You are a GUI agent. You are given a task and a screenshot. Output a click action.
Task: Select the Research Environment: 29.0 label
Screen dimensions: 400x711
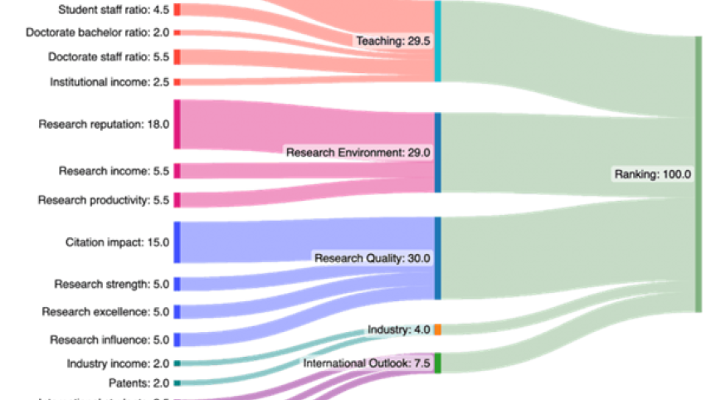pyautogui.click(x=358, y=153)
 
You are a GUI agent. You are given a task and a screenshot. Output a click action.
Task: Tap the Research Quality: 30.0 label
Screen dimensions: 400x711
pyautogui.click(x=373, y=258)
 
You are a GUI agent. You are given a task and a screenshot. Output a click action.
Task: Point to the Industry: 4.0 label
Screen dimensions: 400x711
pyautogui.click(x=398, y=329)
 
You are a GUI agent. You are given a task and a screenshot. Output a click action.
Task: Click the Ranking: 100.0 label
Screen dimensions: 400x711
pyautogui.click(x=652, y=174)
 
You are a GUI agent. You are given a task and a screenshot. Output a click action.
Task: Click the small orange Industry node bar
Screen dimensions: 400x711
pyautogui.click(x=437, y=329)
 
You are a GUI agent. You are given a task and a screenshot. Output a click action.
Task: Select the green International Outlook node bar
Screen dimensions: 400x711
pyautogui.click(x=437, y=363)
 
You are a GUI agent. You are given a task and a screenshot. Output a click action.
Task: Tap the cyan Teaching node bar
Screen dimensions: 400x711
pyautogui.click(x=437, y=41)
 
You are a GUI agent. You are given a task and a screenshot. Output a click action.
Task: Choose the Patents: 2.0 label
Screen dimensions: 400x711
pyautogui.click(x=139, y=383)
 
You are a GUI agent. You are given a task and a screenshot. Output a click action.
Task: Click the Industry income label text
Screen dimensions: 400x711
pyautogui.click(x=118, y=363)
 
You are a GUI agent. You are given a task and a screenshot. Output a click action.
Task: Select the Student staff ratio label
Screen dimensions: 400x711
pyautogui.click(x=114, y=10)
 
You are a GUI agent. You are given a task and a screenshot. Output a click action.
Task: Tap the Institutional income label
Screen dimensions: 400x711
pyautogui.click(x=109, y=82)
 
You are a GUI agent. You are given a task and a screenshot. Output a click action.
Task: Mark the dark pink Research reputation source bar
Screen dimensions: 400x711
pyautogui.click(x=177, y=124)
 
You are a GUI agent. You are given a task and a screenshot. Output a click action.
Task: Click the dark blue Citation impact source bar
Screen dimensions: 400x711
pyautogui.click(x=177, y=241)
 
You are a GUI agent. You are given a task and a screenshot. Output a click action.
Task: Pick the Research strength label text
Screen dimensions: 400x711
pyautogui.click(x=111, y=284)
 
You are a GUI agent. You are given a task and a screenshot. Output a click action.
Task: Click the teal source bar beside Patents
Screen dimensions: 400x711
pyautogui.click(x=177, y=383)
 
